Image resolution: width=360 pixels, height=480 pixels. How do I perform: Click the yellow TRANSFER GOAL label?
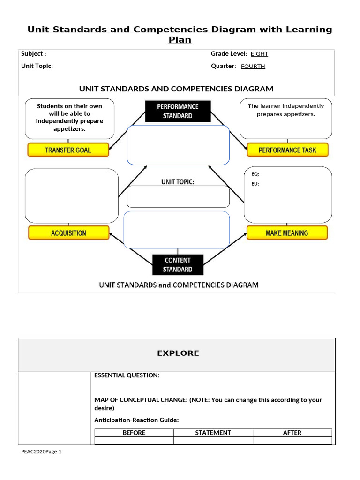pyautogui.click(x=68, y=150)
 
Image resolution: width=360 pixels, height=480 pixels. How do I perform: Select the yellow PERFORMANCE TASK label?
pyautogui.click(x=287, y=150)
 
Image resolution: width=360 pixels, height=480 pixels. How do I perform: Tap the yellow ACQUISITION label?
pyautogui.click(x=68, y=233)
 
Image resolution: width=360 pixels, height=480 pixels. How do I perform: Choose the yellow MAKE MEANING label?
pyautogui.click(x=287, y=233)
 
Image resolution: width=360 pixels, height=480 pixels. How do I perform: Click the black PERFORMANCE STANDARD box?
pyautogui.click(x=178, y=111)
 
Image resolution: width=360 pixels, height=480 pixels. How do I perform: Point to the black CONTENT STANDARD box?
pyautogui.click(x=178, y=265)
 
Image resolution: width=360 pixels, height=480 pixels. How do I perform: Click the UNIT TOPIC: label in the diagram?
pyautogui.click(x=178, y=182)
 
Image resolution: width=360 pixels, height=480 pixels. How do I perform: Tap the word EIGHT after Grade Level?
pyautogui.click(x=259, y=54)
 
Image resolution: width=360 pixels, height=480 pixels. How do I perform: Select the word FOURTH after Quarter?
pyautogui.click(x=253, y=66)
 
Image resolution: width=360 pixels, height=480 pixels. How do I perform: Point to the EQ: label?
pyautogui.click(x=255, y=174)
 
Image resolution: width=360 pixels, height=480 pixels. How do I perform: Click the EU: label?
pyautogui.click(x=255, y=184)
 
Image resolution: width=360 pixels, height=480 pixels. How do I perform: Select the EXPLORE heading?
pyautogui.click(x=178, y=353)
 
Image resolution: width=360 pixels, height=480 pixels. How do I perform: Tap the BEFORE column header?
pyautogui.click(x=134, y=433)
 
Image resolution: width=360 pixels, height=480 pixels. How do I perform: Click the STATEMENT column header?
pyautogui.click(x=213, y=433)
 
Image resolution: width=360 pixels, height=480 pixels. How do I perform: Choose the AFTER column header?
pyautogui.click(x=292, y=433)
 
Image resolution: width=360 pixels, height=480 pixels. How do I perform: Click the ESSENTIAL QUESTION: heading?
pyautogui.click(x=127, y=375)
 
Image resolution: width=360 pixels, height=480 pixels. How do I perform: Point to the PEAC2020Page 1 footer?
pyautogui.click(x=41, y=452)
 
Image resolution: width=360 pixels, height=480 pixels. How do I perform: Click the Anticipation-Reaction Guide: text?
pyautogui.click(x=136, y=420)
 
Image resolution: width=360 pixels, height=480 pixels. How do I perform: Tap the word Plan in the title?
pyautogui.click(x=180, y=40)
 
